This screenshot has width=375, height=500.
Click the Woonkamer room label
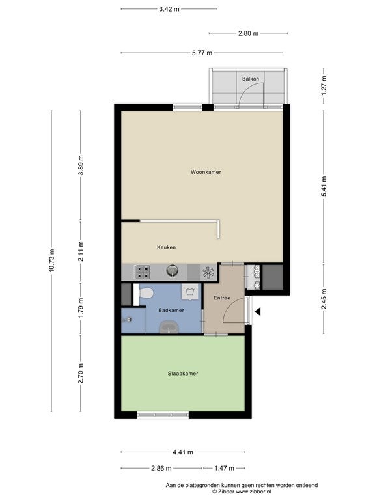tap(206, 172)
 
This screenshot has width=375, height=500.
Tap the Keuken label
tap(166, 247)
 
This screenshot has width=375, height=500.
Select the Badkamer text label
tap(171, 310)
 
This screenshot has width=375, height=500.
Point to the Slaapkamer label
tap(183, 374)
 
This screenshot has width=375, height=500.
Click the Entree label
tap(222, 298)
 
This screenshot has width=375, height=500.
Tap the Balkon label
tap(250, 79)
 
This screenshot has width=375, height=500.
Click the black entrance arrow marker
tap(257, 312)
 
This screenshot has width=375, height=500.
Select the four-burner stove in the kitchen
tap(142, 272)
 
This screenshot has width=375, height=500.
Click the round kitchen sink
tap(172, 271)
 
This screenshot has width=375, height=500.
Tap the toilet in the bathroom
tap(146, 292)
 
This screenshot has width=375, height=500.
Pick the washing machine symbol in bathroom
tap(190, 292)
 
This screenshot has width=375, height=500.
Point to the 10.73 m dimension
tap(52, 260)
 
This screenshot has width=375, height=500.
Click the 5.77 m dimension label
tap(202, 53)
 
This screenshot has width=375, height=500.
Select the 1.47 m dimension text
tap(224, 468)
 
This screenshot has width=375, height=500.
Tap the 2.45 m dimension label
tap(324, 298)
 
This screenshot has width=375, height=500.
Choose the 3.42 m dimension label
tap(169, 9)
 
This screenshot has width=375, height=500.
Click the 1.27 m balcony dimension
tap(324, 85)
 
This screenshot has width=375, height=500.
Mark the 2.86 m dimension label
tap(161, 468)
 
